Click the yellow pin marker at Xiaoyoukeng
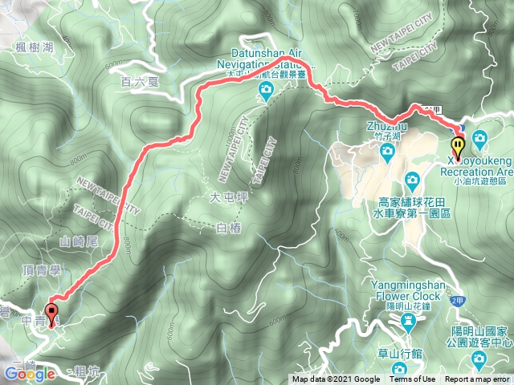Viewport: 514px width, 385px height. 458,147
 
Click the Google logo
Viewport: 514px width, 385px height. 29,374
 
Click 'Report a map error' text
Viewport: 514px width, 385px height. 477,379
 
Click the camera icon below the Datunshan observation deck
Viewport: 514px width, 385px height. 267,97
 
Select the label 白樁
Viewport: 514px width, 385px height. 229,229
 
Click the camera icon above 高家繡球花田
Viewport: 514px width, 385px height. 412,177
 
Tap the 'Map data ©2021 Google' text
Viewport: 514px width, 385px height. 337,379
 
